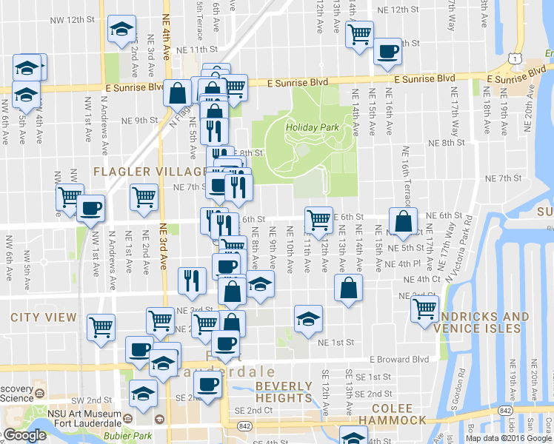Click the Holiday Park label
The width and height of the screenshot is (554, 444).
click(312, 127)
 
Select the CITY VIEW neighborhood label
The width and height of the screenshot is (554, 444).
click(44, 317)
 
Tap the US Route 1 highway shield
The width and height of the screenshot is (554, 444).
click(515, 58)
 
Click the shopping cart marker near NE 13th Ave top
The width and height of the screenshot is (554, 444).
click(359, 33)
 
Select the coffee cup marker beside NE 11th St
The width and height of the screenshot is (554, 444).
click(387, 52)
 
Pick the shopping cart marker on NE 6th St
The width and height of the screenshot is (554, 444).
click(318, 219)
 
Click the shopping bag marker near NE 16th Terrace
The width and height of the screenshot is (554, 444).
click(401, 221)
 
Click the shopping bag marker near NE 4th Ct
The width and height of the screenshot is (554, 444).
click(348, 288)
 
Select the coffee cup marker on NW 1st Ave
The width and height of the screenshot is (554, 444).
click(91, 208)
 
